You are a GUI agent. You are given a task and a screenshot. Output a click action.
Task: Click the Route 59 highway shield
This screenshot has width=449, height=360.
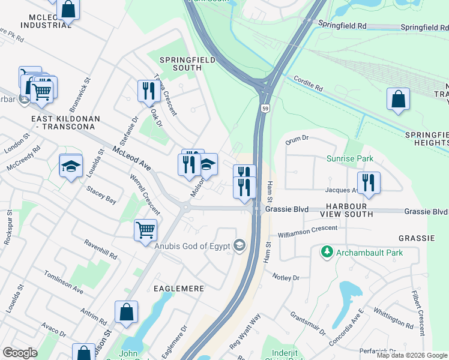(x=265, y=108)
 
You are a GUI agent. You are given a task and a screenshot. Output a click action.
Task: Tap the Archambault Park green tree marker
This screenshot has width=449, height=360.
(x=327, y=253)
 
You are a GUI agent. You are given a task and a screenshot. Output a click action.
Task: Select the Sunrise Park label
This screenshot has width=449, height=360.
(x=350, y=159)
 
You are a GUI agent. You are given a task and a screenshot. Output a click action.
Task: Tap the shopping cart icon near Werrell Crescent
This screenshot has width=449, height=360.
(x=145, y=230)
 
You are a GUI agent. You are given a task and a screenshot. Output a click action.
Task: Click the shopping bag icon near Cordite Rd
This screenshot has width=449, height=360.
(x=399, y=100)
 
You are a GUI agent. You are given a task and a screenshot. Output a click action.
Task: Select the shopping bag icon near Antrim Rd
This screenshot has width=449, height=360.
(x=126, y=312)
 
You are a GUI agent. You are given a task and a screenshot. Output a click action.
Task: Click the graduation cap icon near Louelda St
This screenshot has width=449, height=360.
(x=71, y=166)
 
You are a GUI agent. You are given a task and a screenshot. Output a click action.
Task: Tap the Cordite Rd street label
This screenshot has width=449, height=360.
(x=309, y=83)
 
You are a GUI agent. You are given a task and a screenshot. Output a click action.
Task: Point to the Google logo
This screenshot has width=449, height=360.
(x=20, y=353)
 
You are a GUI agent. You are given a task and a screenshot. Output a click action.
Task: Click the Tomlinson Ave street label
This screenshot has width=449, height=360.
(x=63, y=281)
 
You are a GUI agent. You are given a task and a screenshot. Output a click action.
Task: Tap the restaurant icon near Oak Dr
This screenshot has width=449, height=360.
(x=147, y=91)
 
